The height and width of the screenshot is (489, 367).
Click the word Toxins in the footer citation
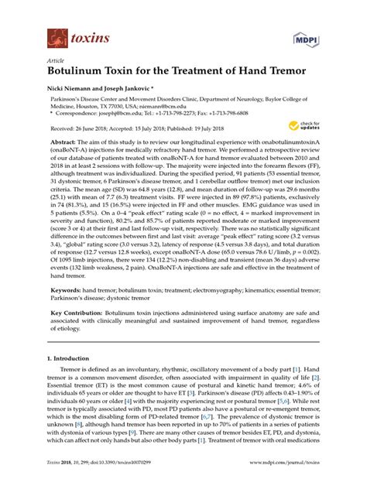tap(57, 480)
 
